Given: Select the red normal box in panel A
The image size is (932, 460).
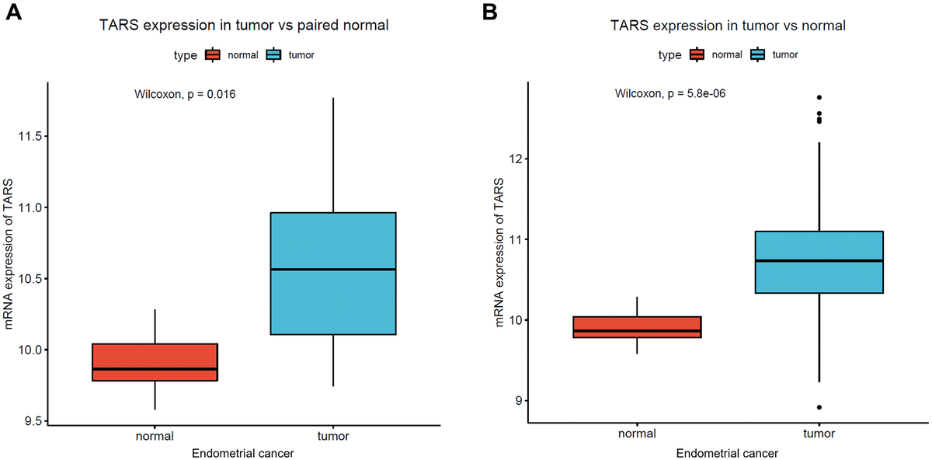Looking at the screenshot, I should click(155, 362).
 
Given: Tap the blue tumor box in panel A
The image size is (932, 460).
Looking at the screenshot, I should click(333, 274).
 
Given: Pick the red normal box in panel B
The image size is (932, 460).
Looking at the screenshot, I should click(636, 327).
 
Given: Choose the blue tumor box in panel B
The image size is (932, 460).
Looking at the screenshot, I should click(819, 262).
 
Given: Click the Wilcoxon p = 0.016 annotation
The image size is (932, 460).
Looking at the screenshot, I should click(186, 95).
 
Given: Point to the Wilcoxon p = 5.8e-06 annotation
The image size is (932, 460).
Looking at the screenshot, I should click(670, 94).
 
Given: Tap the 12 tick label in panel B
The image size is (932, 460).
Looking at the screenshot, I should click(520, 159).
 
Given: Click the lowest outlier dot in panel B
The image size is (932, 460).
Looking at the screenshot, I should click(819, 407).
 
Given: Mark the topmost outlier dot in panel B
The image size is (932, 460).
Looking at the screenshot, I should click(819, 97).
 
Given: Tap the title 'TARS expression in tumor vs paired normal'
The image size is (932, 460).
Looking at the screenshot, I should click(244, 26).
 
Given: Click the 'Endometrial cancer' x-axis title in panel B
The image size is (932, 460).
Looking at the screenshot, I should click(727, 452).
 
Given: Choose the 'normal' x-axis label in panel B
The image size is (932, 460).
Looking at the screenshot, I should click(636, 434).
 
